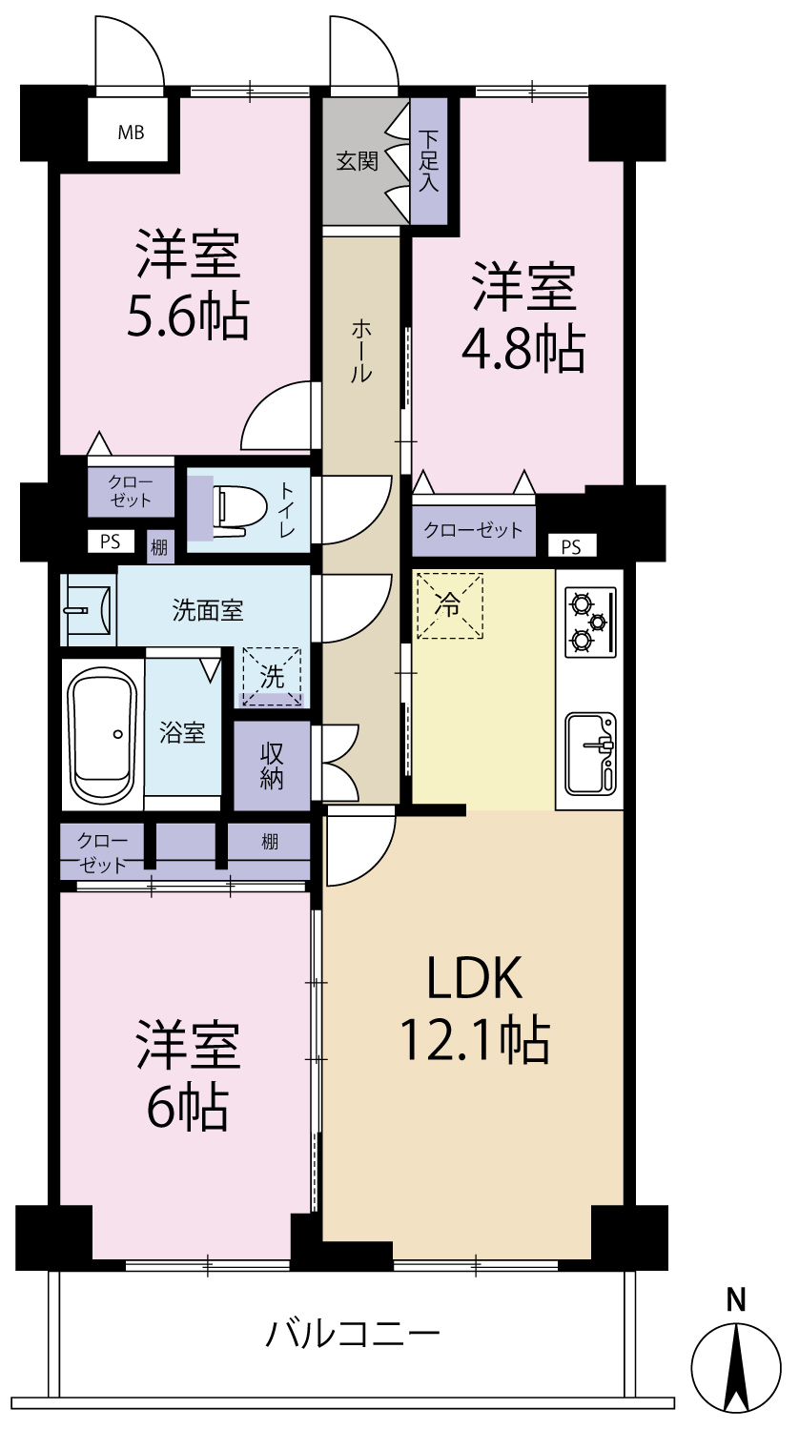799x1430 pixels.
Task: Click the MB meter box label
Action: pos(131,133)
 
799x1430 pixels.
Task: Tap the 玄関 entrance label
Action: pos(357,161)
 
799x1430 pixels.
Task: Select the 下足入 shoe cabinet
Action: pos(428,161)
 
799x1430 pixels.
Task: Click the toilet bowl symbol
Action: pos(239,511)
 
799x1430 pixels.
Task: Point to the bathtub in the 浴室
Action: pos(103,733)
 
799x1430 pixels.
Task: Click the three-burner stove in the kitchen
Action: pos(590,623)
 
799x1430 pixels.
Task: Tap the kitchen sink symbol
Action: pos(591,754)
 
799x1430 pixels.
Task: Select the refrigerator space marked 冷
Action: pos(450,605)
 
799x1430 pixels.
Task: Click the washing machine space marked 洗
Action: pos(272,677)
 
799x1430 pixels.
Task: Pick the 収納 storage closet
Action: pos(272,766)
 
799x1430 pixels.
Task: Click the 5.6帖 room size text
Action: pos(188,316)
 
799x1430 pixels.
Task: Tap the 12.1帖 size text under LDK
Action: pos(475,1039)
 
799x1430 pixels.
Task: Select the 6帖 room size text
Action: pos(188,1107)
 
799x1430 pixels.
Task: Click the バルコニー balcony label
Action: pos(353,1334)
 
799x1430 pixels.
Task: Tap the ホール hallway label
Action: pos(361,352)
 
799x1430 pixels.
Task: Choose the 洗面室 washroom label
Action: pos(208,611)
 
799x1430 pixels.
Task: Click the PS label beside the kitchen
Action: pos(571,547)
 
